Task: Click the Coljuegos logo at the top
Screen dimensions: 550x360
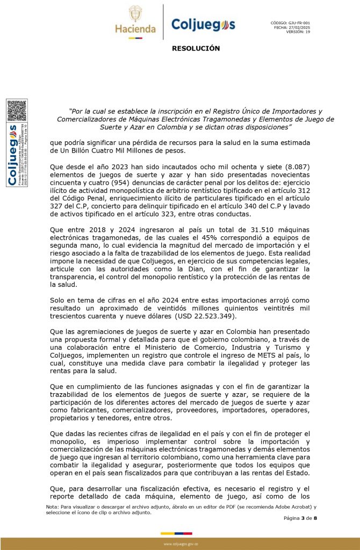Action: click(203, 25)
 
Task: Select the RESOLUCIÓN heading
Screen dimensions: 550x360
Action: click(196, 48)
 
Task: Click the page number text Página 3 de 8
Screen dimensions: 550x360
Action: click(300, 518)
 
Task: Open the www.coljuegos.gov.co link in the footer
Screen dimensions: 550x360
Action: click(181, 544)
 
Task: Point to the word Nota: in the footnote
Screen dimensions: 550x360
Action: click(53, 506)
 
